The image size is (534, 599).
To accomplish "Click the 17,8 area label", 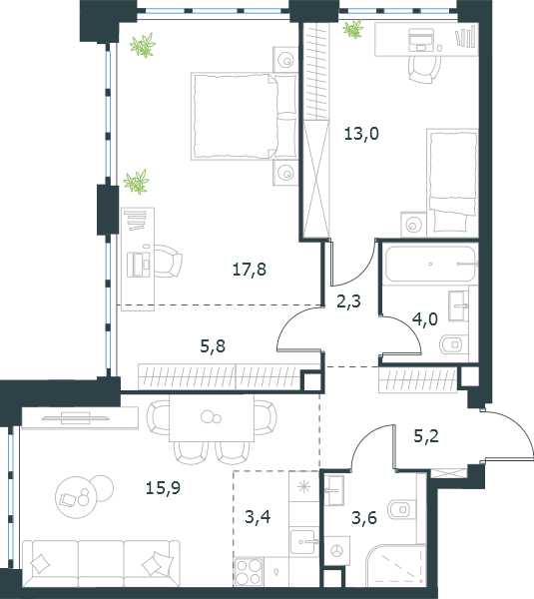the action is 250,270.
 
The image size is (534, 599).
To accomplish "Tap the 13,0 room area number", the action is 361,134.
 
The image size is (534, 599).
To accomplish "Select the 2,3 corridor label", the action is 348,301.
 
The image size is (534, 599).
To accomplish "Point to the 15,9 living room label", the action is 163,488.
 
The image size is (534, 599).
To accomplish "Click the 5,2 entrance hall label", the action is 426,436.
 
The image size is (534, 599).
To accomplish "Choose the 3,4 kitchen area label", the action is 258,517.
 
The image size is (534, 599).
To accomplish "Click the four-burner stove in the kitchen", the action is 249,571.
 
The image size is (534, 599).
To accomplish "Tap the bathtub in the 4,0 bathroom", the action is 430,264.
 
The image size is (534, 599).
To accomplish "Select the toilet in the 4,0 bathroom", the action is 454,344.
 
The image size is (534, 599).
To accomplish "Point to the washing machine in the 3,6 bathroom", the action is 336,550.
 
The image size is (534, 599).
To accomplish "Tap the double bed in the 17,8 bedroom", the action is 245,116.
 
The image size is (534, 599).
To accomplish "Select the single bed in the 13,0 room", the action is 452,182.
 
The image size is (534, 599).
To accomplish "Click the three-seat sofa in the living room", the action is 101,562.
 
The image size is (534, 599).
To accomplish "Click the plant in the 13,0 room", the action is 352,29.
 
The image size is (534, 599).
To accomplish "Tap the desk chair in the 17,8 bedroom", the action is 168,261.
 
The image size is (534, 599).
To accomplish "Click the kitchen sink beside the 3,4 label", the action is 304,541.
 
